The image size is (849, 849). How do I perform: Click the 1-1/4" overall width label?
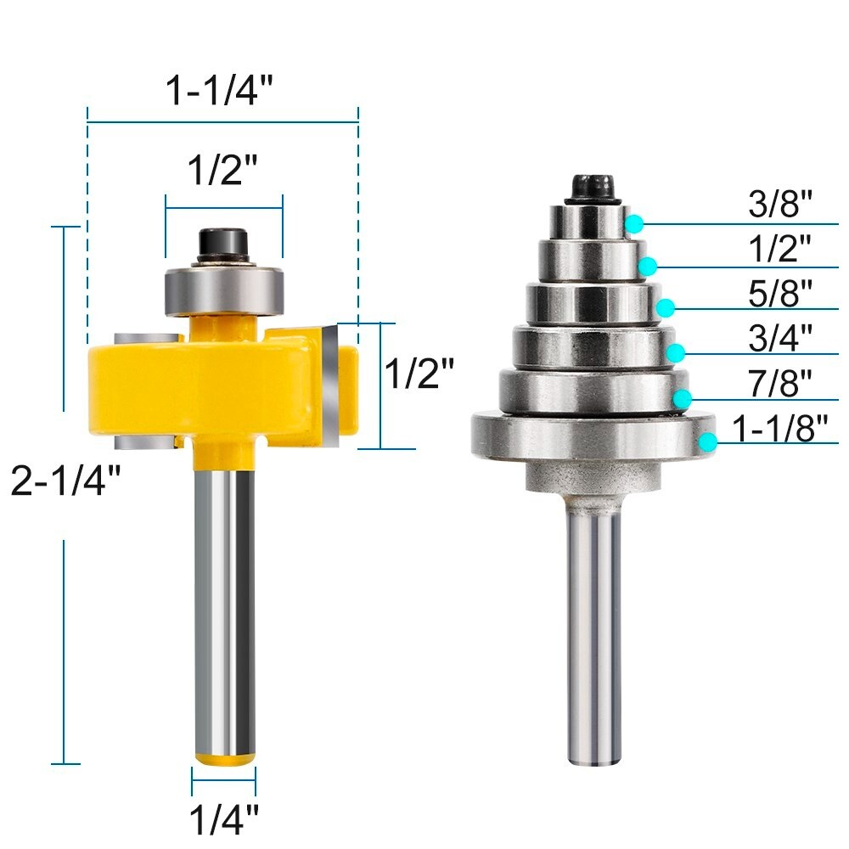(x=222, y=90)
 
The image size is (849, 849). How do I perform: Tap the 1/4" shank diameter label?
(x=223, y=820)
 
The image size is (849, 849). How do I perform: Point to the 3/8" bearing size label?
(x=780, y=205)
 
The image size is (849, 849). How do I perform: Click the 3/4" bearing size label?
(x=780, y=337)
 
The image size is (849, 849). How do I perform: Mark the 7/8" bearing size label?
(x=780, y=382)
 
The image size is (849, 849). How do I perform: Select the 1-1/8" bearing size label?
(x=779, y=429)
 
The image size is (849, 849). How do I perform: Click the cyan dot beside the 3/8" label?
(x=634, y=223)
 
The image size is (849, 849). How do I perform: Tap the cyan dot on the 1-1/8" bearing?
(x=707, y=440)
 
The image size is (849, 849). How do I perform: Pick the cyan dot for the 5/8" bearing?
(x=666, y=306)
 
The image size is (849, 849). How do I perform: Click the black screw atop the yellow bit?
(x=222, y=245)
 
